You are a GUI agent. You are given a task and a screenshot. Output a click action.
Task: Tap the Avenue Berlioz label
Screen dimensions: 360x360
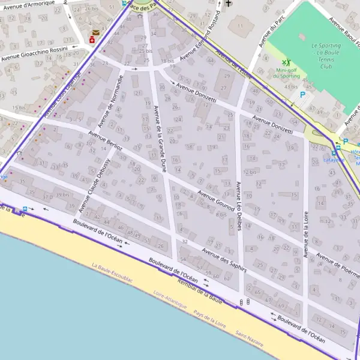tap(106, 140)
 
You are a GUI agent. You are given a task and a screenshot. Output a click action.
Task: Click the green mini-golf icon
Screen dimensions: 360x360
tap(286, 62)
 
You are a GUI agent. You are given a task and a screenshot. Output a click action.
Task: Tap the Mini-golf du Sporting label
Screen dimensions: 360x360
tap(286, 73)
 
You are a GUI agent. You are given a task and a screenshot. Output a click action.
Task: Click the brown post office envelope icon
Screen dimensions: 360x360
tap(96, 33)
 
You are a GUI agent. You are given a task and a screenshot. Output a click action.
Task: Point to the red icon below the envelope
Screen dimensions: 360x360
tap(92, 40)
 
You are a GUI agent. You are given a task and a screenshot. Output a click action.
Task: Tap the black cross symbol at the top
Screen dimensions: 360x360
tap(228, 4)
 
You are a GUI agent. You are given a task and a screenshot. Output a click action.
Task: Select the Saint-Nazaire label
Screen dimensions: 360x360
tap(249, 338)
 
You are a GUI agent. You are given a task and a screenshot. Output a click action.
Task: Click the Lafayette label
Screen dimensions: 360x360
tap(334, 160)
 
